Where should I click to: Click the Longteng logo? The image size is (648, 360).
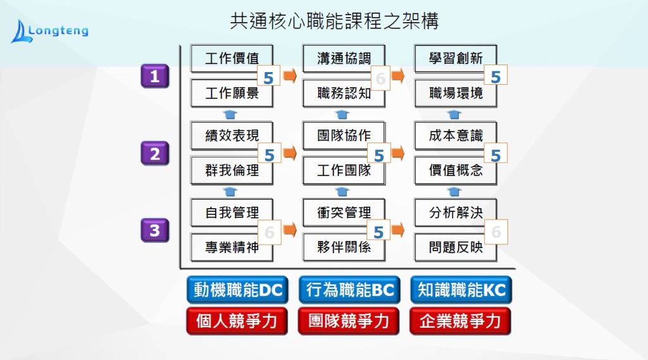tap(49, 30)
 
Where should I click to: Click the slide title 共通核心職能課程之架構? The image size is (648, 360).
tap(334, 22)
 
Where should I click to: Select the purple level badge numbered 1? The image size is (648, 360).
tap(154, 77)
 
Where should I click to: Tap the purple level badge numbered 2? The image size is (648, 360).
tap(154, 154)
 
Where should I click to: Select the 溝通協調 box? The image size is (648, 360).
tap(343, 58)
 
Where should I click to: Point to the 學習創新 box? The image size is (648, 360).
tap(455, 58)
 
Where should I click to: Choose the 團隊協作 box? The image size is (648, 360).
tap(343, 135)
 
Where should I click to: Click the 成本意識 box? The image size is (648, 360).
tap(455, 135)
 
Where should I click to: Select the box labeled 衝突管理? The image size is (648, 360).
tap(343, 213)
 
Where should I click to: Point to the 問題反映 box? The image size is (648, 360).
tap(455, 247)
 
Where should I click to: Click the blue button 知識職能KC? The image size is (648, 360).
tap(461, 290)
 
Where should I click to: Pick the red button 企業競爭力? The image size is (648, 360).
tap(461, 321)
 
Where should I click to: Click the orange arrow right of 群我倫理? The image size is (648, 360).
tap(290, 153)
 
